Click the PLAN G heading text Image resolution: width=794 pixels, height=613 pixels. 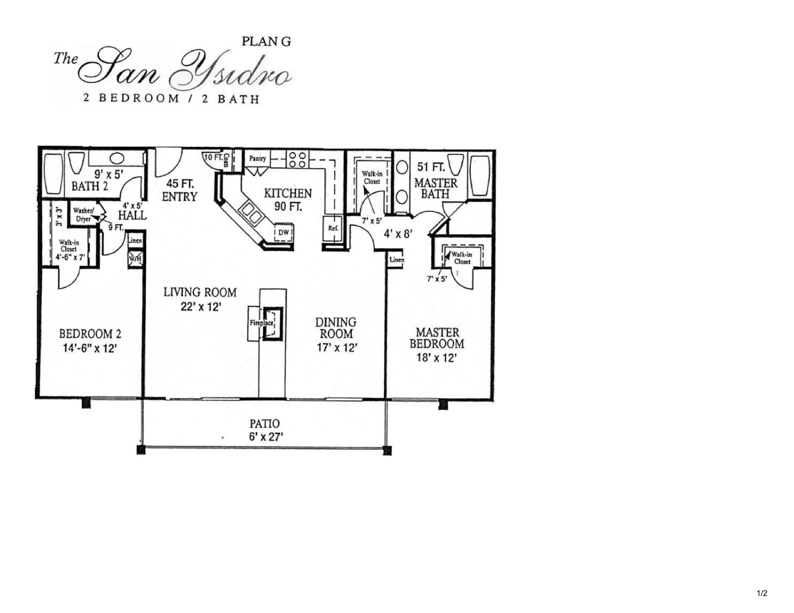click(266, 42)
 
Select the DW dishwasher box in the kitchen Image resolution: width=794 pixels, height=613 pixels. click(283, 233)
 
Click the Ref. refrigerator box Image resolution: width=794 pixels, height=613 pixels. click(333, 229)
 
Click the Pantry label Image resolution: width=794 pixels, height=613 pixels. click(258, 159)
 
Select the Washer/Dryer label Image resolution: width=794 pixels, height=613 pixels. click(84, 215)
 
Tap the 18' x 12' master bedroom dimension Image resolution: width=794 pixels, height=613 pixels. click(437, 358)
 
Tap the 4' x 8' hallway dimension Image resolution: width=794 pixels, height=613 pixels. click(398, 234)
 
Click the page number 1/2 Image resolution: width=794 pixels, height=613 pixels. click(762, 594)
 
